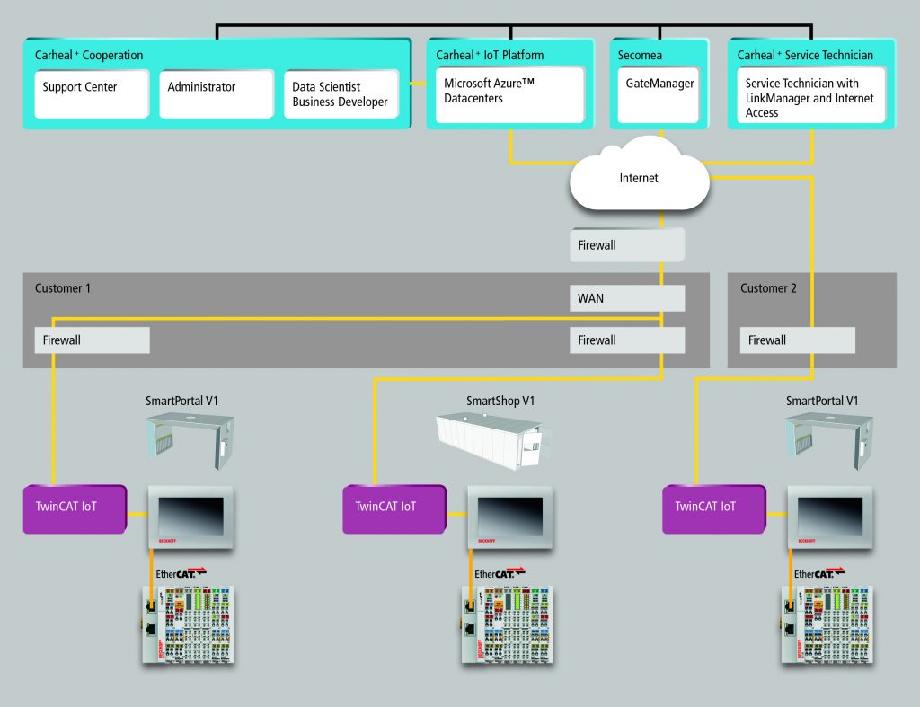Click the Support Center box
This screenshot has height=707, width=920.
click(x=92, y=93)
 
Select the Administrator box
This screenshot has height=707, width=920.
click(x=216, y=93)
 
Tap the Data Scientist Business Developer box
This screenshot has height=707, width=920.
click(x=341, y=93)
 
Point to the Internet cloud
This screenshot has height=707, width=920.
click(x=639, y=178)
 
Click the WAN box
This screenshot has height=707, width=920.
click(x=626, y=297)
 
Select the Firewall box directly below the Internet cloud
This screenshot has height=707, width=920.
click(x=626, y=244)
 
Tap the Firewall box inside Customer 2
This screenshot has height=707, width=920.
click(x=797, y=340)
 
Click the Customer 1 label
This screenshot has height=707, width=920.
click(x=63, y=288)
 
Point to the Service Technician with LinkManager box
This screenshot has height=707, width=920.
click(x=806, y=97)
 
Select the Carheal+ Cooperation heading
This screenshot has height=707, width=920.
click(x=89, y=56)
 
